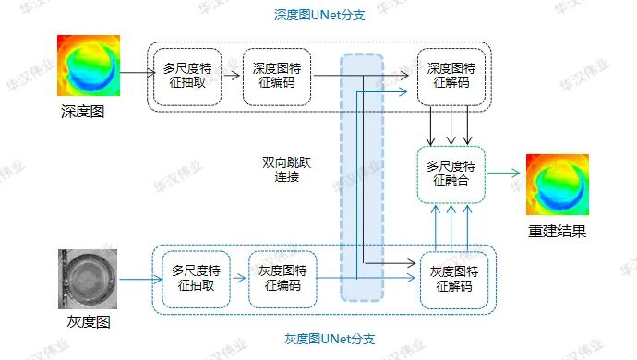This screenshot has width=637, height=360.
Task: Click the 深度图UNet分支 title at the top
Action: pos(318,16)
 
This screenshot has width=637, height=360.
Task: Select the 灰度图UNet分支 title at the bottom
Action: pos(318,339)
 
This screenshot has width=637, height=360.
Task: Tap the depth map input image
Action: pos(89,67)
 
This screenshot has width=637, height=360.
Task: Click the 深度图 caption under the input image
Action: pos(83,113)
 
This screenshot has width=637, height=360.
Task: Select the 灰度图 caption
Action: pos(89,321)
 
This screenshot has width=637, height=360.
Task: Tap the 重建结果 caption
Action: pos(557,231)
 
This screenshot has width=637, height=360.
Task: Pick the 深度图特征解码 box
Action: pos(451,76)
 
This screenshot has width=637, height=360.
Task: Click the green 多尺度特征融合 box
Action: pos(451,174)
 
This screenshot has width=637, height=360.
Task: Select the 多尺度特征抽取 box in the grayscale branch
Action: pos(195,278)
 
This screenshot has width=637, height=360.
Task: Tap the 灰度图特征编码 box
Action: pos(282,278)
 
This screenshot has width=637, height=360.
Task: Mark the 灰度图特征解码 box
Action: pos(453,279)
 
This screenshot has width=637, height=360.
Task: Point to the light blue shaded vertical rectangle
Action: pos(362,175)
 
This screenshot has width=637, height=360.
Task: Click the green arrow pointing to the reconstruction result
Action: pos(504,173)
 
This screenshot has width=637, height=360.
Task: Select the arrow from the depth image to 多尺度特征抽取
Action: pos(137,72)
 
